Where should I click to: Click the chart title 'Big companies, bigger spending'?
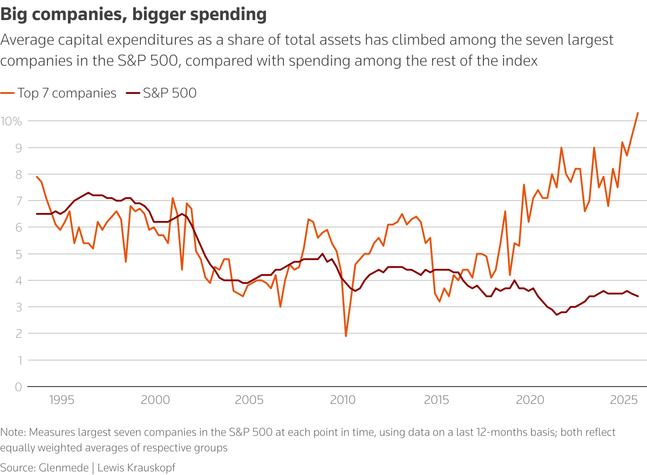coord(134,15)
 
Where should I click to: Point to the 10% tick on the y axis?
coord(11,121)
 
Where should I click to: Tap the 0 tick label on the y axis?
coord(18,387)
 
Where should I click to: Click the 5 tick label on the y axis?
coord(18,254)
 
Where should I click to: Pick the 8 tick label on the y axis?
coord(18,175)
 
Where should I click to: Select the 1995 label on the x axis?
coord(62,400)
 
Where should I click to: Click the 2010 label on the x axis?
coord(343,400)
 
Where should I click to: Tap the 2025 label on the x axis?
coord(624,400)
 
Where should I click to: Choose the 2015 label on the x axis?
coord(436,400)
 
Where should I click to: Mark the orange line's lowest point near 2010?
coord(346,336)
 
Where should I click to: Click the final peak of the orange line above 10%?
coord(638,113)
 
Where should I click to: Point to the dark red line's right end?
coord(638,296)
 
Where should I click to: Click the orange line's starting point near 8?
coord(37,176)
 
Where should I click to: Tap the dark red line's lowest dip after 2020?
coord(557,315)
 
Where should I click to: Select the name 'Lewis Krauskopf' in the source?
coord(136,468)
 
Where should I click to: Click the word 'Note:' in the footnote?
coord(13,432)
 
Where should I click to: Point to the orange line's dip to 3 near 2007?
coord(280,307)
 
